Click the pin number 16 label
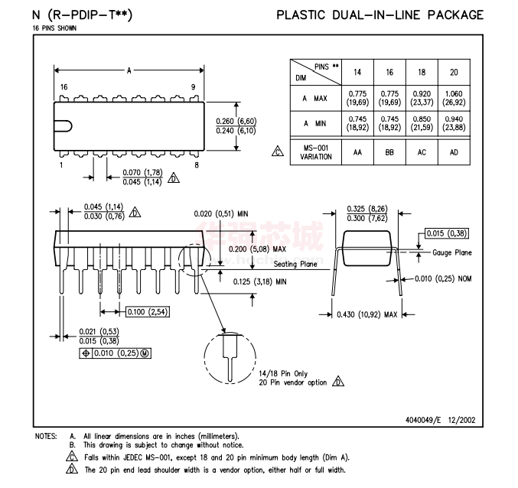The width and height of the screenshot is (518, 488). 64,86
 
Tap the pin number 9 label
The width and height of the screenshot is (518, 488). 193,86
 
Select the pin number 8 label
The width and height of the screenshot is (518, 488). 197,164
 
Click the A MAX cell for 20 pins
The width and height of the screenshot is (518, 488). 454,98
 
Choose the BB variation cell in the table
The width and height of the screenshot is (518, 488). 389,152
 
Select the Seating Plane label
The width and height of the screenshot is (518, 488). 295,264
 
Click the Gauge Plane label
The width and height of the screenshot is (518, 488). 452,252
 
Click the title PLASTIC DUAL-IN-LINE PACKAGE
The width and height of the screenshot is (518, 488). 380,15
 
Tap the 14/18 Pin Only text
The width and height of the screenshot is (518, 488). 282,373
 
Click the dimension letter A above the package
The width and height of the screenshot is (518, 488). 129,70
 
